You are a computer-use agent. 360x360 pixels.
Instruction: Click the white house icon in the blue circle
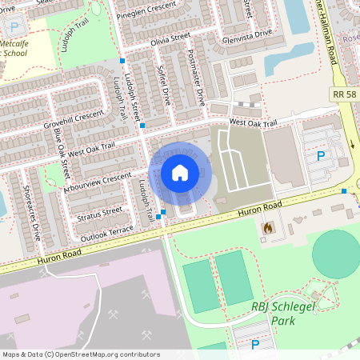point(180,172)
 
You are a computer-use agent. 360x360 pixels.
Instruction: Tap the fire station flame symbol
point(266,229)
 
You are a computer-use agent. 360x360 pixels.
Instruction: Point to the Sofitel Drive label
point(165,85)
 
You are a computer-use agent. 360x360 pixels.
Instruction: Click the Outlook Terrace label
point(105,231)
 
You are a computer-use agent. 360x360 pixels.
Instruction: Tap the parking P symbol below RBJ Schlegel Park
point(255,345)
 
